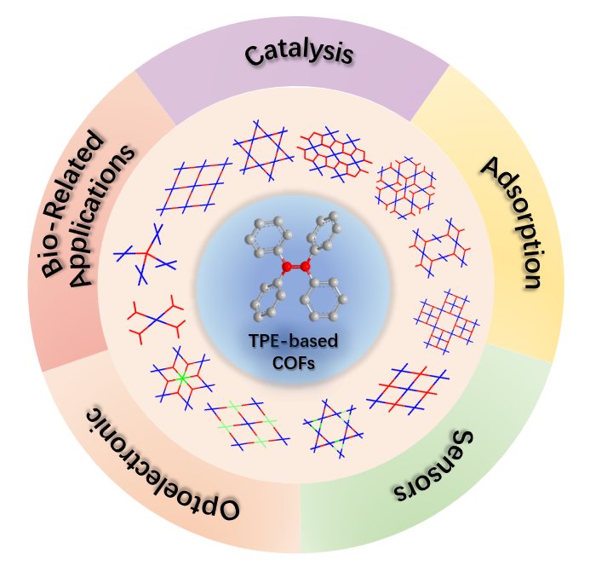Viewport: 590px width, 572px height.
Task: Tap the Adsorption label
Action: coord(512,223)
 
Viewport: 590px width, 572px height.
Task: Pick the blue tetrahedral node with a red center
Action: coord(145,253)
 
